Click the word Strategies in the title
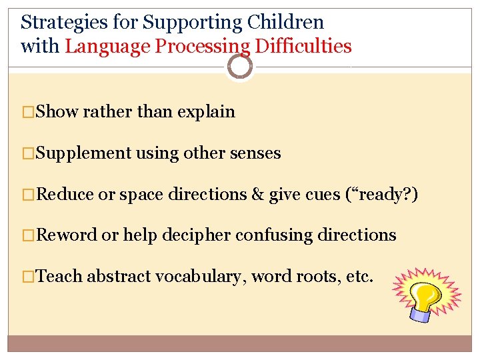click(62, 23)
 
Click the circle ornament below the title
click(239, 66)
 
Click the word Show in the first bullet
click(57, 112)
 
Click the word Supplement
click(84, 153)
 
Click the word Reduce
click(65, 194)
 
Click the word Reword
click(67, 235)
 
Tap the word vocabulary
click(199, 276)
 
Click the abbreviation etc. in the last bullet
click(360, 276)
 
